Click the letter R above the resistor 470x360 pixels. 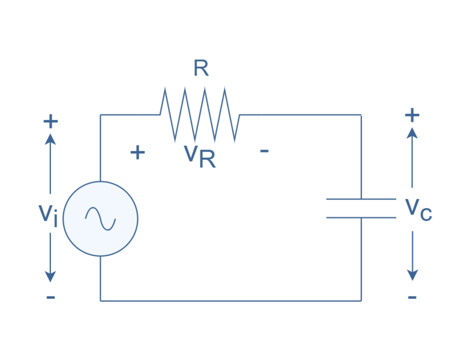pyautogui.click(x=201, y=69)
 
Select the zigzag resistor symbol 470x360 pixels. pyautogui.click(x=200, y=114)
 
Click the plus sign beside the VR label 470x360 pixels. pyautogui.click(x=137, y=152)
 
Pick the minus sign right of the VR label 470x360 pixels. pyautogui.click(x=264, y=151)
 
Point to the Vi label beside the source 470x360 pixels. pyautogui.click(x=48, y=214)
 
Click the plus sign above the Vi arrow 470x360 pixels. pyautogui.click(x=50, y=121)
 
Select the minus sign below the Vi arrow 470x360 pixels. pyautogui.click(x=50, y=298)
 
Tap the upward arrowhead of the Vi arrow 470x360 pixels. pyautogui.click(x=50, y=139)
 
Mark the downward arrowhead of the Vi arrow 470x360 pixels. pyautogui.click(x=50, y=277)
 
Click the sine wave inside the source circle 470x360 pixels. pyautogui.click(x=100, y=219)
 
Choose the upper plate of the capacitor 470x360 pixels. pyautogui.click(x=361, y=199)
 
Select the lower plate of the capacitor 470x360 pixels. pyautogui.click(x=361, y=217)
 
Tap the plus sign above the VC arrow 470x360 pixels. pyautogui.click(x=412, y=114)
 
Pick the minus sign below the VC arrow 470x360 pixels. pyautogui.click(x=412, y=298)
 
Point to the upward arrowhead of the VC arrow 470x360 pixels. pyautogui.click(x=412, y=133)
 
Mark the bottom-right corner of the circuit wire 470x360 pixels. pyautogui.click(x=361, y=300)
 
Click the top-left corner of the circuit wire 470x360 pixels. pyautogui.click(x=100, y=115)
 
